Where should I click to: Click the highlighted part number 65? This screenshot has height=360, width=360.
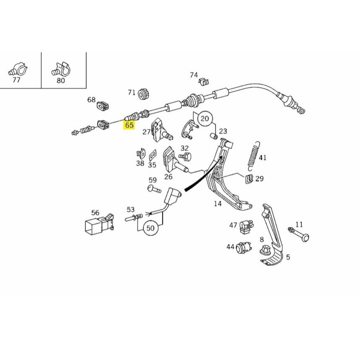click(129, 125)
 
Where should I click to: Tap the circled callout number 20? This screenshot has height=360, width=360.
click(204, 118)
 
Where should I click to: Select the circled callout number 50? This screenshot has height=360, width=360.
click(150, 228)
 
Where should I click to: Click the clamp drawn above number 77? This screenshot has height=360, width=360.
click(18, 68)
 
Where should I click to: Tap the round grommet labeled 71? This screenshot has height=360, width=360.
click(143, 95)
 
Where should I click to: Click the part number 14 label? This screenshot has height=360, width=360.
click(217, 204)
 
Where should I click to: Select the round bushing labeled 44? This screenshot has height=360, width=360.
click(243, 248)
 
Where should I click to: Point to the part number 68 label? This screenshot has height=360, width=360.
click(91, 100)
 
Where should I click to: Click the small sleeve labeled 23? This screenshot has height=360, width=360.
click(213, 136)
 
